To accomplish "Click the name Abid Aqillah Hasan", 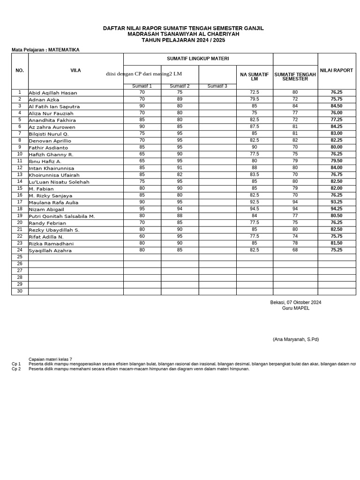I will [52, 93].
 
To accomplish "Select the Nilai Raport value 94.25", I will [336, 209].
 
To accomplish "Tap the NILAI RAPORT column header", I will [336, 70].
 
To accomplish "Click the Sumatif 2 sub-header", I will [180, 86].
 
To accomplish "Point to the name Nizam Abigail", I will [46, 210].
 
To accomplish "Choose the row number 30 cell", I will [20, 291].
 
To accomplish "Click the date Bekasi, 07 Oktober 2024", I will [295, 302].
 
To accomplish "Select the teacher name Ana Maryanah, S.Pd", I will [295, 339].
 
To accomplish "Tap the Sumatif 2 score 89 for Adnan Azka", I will [180, 99].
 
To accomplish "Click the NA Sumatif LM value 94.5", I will [254, 209].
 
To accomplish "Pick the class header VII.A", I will [75, 70].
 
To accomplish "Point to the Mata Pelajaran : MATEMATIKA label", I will [45, 50].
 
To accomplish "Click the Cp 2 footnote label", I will [16, 369].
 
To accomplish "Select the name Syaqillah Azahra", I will [50, 251].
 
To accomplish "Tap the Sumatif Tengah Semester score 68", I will [295, 250].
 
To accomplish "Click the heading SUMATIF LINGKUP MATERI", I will [198, 59].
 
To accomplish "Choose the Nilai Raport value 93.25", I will [336, 202].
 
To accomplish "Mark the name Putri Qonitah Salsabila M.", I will [61, 217].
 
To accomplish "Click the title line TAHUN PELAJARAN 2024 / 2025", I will [183, 40].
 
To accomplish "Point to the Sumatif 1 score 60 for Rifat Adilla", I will [142, 237].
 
